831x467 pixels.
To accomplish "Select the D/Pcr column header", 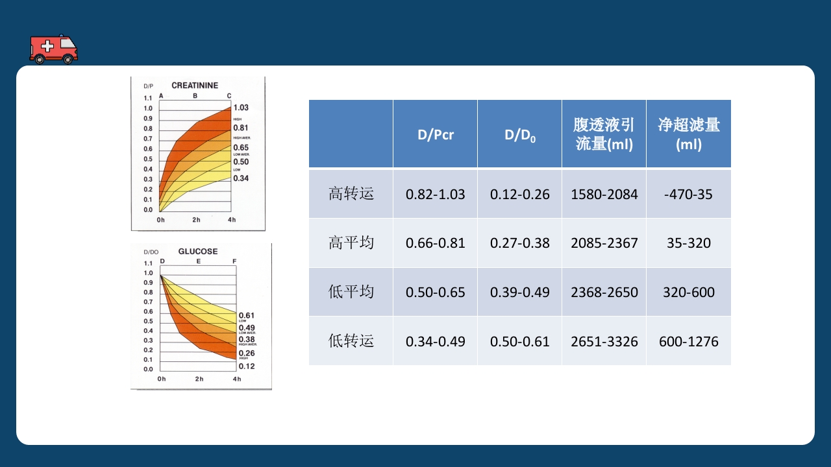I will click(435, 135).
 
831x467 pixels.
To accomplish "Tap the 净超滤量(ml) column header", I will click(688, 134).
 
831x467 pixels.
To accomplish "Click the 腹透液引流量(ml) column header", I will click(604, 134).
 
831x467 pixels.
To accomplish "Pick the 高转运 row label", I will click(351, 194).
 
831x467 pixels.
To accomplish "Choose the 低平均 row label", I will click(351, 292).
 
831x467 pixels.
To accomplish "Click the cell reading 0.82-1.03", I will click(435, 194).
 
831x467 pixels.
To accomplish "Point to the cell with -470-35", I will click(688, 194).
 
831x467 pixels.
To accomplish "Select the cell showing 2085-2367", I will click(604, 243).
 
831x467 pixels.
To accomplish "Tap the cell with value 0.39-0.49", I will click(519, 292).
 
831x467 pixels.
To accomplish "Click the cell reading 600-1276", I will click(688, 341).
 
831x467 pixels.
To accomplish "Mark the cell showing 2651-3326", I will click(604, 341).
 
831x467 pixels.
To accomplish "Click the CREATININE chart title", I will click(195, 86).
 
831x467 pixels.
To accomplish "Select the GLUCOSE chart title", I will click(198, 252).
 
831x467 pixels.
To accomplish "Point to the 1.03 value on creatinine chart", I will click(241, 108).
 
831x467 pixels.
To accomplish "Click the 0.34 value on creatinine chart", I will click(241, 178).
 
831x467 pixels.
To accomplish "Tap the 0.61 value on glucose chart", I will click(247, 315).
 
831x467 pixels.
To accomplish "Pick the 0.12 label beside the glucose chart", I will click(247, 366).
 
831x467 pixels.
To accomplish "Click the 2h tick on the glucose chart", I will click(199, 379).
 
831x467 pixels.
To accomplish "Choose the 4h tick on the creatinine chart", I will click(231, 220).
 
